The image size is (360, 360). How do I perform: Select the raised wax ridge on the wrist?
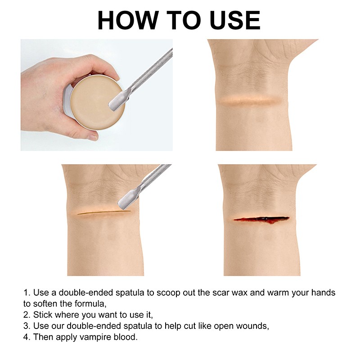(250, 100)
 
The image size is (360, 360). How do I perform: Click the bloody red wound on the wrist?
(261, 219)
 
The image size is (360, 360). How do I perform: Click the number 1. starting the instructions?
(27, 293)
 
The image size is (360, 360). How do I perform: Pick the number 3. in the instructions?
(27, 326)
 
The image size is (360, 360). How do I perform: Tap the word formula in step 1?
(91, 304)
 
